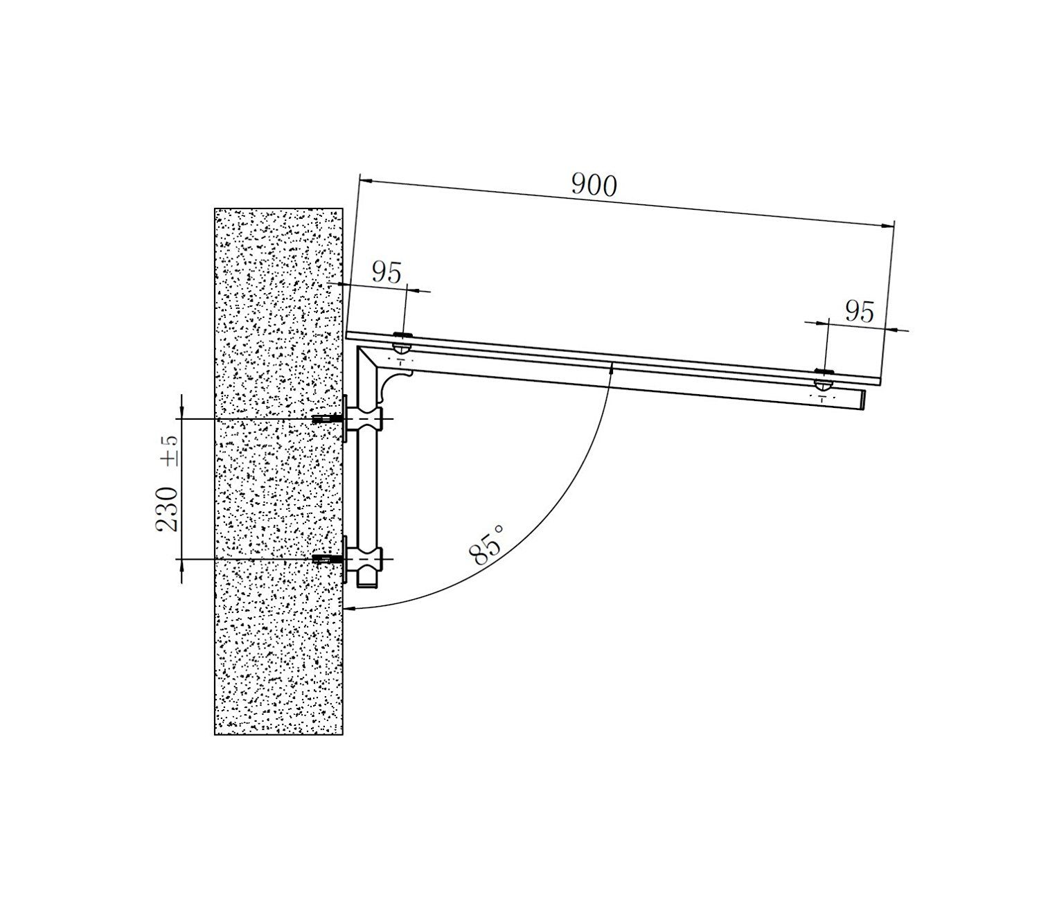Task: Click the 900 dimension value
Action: [594, 186]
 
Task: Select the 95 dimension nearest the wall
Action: [387, 273]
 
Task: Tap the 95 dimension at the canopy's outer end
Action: [859, 312]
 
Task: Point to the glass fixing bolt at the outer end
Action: [823, 379]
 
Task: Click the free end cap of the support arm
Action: [863, 400]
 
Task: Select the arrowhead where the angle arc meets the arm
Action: [611, 368]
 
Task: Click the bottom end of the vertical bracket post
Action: [365, 586]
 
